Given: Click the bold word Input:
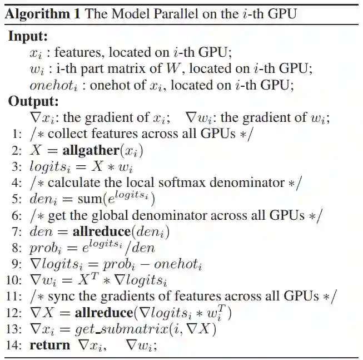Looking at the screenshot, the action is click(28, 37).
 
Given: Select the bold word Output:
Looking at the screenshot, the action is click(32, 101).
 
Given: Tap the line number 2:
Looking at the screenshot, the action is click(16, 151).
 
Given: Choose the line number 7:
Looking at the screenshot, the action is click(16, 231).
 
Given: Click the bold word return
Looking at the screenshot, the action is click(50, 345).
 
